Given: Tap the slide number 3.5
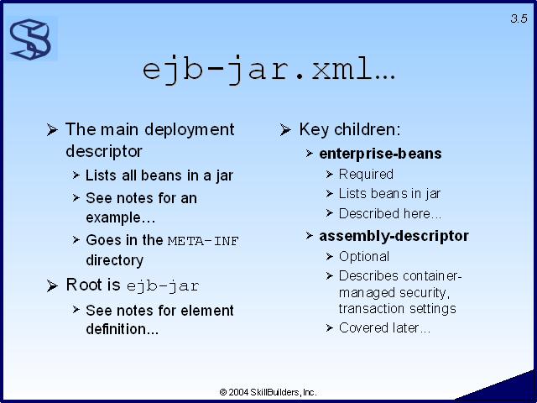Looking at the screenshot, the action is click(x=519, y=18).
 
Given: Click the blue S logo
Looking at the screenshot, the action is click(x=31, y=39).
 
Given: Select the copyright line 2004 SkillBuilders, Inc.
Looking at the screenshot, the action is click(x=268, y=392).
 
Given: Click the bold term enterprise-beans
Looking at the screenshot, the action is click(x=380, y=154).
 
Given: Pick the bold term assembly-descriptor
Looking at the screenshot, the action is click(x=394, y=236).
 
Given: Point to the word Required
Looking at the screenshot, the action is click(x=366, y=175).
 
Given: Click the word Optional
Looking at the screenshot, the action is click(x=363, y=257).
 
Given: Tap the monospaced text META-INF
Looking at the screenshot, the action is click(x=203, y=241).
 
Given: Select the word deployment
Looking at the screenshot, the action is click(x=190, y=130).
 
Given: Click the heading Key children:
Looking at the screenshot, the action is click(x=350, y=129).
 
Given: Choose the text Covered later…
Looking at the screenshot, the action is click(x=384, y=328).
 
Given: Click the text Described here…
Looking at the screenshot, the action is click(x=389, y=214).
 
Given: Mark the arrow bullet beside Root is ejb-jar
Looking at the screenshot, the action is click(x=52, y=285).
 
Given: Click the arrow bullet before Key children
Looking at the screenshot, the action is click(x=285, y=130).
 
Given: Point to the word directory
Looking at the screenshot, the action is click(x=114, y=260).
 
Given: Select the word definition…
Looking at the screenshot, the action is click(x=122, y=329).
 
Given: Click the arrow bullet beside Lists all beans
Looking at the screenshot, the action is click(x=76, y=175).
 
